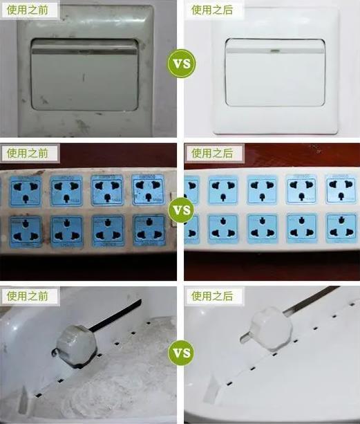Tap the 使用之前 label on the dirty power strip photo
coord(30,153)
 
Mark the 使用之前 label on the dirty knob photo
coord(30,296)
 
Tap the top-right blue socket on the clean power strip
coord(341,189)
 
